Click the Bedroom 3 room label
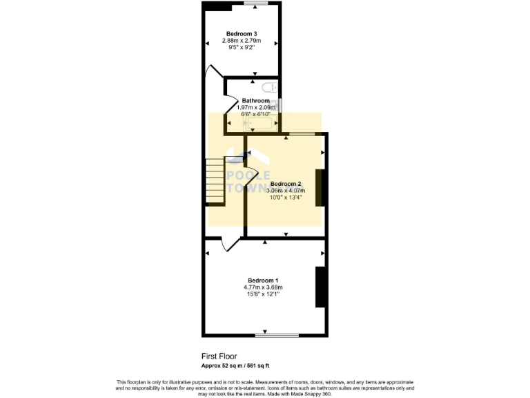tap(242, 33)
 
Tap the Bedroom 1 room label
tap(263, 279)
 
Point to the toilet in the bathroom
tap(269, 87)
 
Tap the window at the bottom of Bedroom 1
tap(277, 336)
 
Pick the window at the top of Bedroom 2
tap(302, 133)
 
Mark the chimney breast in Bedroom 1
tap(320, 287)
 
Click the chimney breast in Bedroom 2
tap(320, 187)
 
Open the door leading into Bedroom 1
tap(230, 243)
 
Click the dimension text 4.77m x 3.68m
tap(263, 287)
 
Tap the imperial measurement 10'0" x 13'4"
tap(286, 197)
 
